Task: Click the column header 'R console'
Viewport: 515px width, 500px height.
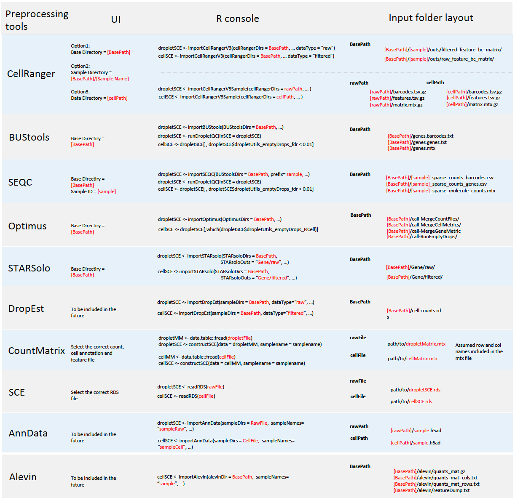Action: pos(237,19)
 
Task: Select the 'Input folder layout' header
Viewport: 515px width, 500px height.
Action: pos(430,18)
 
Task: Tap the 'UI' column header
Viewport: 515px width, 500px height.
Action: pos(116,19)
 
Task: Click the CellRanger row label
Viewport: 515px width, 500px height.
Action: pos(31,74)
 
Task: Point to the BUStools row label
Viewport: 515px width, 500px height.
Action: pos(29,137)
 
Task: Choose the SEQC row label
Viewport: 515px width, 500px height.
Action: pos(20,182)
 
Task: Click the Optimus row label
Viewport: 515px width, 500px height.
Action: pos(27,226)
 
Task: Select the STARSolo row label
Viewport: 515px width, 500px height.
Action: pos(29,268)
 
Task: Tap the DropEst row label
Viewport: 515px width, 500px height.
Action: pos(26,309)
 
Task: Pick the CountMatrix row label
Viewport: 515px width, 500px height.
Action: pos(37,351)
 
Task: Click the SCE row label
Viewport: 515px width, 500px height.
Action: pos(17,392)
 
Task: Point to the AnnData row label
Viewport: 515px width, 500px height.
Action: pos(28,433)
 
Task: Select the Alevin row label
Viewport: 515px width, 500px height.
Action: pos(23,477)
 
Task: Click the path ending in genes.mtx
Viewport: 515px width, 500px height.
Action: pos(411,148)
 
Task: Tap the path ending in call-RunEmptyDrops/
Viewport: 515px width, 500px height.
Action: pos(421,237)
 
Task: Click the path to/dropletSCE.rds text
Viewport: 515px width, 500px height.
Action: pos(415,390)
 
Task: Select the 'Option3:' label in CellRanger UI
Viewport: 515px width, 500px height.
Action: pos(80,92)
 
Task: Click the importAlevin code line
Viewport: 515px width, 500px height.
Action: pos(223,477)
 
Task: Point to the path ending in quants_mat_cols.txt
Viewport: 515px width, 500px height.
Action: pos(435,478)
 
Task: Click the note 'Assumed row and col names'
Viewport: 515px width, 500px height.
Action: pos(479,351)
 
